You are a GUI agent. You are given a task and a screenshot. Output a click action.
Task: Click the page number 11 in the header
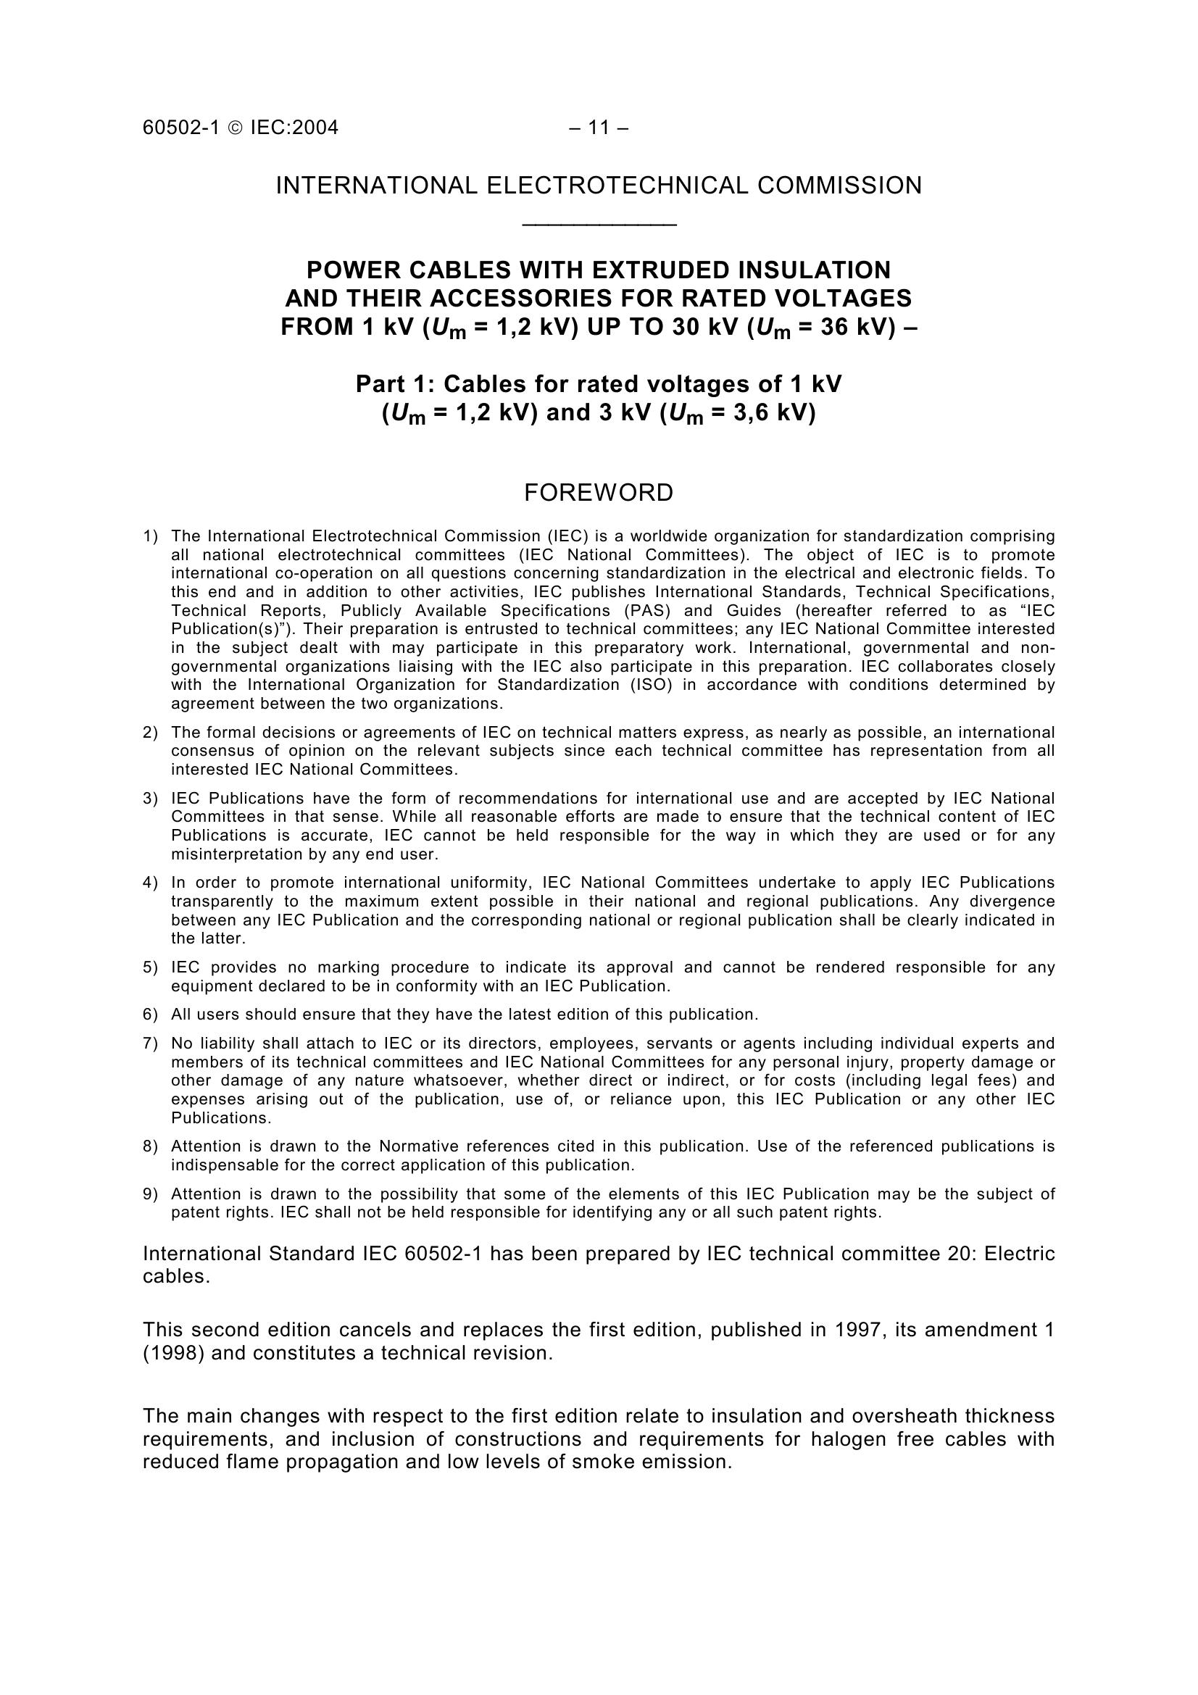pyautogui.click(x=599, y=128)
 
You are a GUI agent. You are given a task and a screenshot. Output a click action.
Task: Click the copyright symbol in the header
pyautogui.click(x=236, y=128)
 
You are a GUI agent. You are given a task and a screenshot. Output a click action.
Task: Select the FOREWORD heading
pyautogui.click(x=599, y=492)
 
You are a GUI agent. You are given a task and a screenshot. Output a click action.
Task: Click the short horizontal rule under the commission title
pyautogui.click(x=599, y=224)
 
